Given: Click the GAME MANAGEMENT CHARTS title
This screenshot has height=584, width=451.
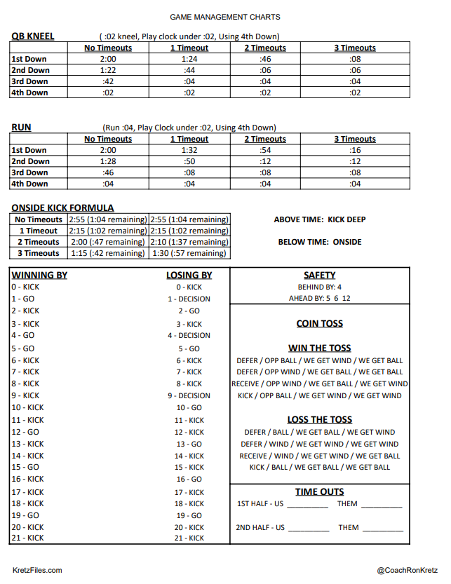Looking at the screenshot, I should click(x=225, y=17).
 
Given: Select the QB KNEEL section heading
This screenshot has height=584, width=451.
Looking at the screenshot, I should click(x=33, y=36).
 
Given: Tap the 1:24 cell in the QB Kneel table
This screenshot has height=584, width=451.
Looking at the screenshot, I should click(x=189, y=59).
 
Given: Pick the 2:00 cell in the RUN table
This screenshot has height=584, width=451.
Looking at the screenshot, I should click(x=108, y=150).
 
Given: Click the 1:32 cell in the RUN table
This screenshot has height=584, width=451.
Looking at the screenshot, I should click(x=189, y=150).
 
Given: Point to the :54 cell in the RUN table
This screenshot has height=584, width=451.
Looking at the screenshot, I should click(x=265, y=150).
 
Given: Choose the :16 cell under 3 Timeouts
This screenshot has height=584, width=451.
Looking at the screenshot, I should click(x=355, y=150).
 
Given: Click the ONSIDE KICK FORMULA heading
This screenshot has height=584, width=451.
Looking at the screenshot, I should click(x=62, y=208).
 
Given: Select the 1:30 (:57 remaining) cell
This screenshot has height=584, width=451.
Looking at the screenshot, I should click(x=189, y=253).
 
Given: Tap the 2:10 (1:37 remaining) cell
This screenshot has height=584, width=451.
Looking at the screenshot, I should click(x=189, y=242).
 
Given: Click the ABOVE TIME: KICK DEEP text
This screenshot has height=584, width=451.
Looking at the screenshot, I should click(x=320, y=219).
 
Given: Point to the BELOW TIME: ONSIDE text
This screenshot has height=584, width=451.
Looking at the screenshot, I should click(x=320, y=242).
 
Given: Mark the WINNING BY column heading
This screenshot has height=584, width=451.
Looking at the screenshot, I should click(x=39, y=275).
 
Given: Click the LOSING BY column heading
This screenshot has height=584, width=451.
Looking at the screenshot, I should click(x=189, y=276).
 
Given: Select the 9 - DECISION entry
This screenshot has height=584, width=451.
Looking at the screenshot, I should click(x=189, y=395).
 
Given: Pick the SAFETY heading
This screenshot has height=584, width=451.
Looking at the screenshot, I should click(x=320, y=276).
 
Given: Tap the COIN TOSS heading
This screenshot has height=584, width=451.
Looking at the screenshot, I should click(x=320, y=324).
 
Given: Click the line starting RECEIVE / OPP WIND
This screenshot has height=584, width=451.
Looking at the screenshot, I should click(x=320, y=383).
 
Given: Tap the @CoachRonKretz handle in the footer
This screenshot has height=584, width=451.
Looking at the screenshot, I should click(x=407, y=571).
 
